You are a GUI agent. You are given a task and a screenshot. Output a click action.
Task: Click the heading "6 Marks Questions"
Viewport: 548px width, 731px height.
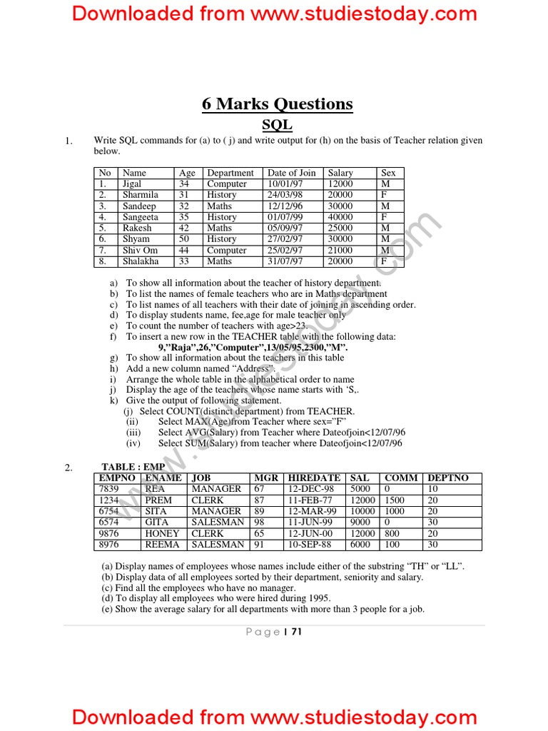(x=277, y=104)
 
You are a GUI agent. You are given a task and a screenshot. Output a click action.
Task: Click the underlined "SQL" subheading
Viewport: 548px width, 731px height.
(x=277, y=125)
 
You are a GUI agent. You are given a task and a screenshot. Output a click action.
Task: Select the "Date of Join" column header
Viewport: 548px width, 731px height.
(x=291, y=173)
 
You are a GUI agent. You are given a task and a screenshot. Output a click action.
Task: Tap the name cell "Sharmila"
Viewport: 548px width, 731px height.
(x=140, y=195)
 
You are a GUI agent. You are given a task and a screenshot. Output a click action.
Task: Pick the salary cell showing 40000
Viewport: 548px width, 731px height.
(x=340, y=217)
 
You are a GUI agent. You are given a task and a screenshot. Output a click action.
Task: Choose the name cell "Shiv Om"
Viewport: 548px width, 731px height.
(x=140, y=251)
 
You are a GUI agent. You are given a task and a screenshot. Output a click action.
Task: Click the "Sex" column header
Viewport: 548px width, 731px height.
(x=388, y=173)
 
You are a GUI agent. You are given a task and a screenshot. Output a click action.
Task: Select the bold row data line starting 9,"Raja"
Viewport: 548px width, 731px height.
(x=253, y=347)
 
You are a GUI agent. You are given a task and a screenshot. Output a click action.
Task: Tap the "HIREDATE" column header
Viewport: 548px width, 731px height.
(x=314, y=478)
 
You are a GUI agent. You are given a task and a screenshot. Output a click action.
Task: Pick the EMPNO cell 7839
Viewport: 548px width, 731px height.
(x=110, y=489)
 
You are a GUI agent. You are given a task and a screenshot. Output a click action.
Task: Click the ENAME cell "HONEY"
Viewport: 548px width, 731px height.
(x=162, y=533)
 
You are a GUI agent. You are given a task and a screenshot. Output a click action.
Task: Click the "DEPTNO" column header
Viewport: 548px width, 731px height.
(x=448, y=478)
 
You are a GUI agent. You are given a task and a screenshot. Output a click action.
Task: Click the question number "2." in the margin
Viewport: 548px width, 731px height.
(x=68, y=468)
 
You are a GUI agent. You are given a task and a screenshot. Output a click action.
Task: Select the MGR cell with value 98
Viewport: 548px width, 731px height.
(x=261, y=523)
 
